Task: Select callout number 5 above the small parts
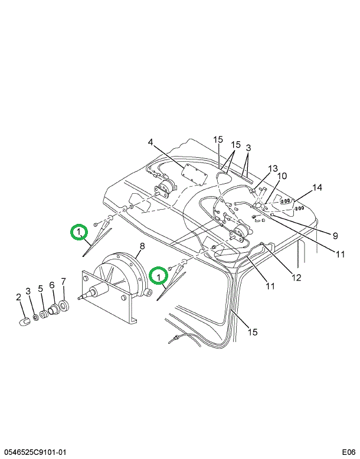coord(41,289)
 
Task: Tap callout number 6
coord(52,285)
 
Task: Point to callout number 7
coord(63,281)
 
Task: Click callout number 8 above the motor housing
coord(142,246)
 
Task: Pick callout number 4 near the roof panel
coord(150,142)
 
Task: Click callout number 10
coord(282,176)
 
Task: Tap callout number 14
coord(318,188)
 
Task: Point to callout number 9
coord(334,236)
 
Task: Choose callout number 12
coord(296,277)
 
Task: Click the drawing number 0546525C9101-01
coord(37,453)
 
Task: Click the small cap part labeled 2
coord(25,323)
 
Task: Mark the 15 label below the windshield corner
coord(253,332)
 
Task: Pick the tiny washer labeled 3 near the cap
coord(35,318)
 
